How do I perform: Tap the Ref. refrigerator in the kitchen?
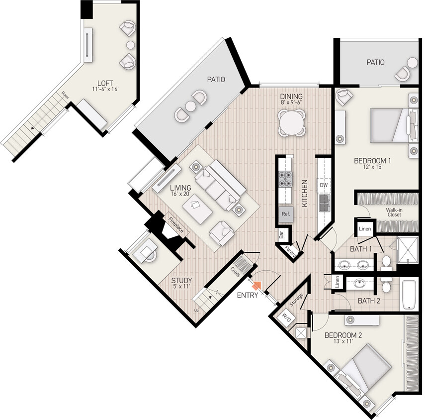(285, 214)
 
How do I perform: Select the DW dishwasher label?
(324, 185)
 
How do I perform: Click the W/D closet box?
(287, 316)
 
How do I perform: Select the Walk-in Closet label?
(394, 212)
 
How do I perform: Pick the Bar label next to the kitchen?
(281, 234)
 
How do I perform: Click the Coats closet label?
(236, 270)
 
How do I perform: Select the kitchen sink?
(324, 202)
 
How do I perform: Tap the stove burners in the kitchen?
(286, 179)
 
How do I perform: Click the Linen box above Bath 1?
(365, 229)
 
